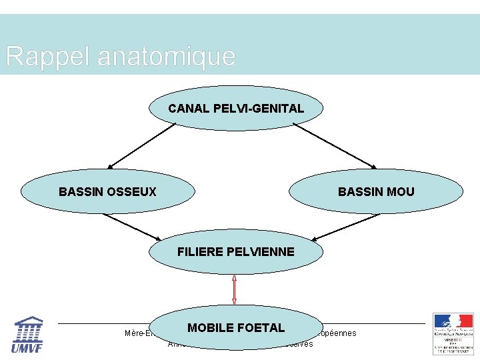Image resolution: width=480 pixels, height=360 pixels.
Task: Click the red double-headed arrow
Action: tap(234, 290)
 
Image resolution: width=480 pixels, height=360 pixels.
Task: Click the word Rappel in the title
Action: tap(47, 56)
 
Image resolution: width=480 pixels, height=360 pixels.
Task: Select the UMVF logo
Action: tap(28, 333)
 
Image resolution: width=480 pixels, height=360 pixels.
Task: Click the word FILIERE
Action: tap(200, 252)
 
